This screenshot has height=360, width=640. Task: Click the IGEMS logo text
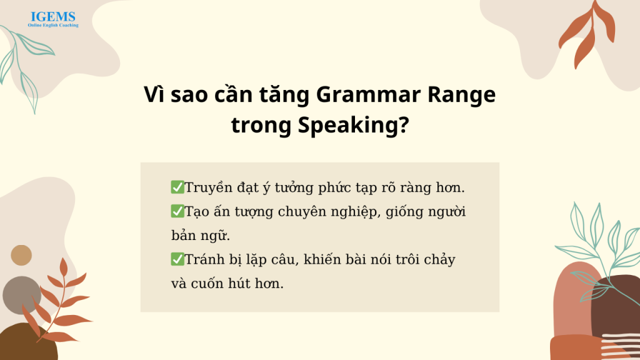pyautogui.click(x=53, y=17)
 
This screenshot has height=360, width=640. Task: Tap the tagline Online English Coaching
pyautogui.click(x=53, y=25)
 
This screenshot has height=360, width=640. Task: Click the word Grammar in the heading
pyautogui.click(x=368, y=95)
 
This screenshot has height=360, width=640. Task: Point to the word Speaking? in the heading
pyautogui.click(x=354, y=125)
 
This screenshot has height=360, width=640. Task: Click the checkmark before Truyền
pyautogui.click(x=177, y=187)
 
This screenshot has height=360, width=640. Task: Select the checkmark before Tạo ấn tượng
pyautogui.click(x=177, y=211)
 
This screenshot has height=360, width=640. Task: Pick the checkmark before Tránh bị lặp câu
pyautogui.click(x=177, y=259)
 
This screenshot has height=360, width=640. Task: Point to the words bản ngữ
pyautogui.click(x=201, y=236)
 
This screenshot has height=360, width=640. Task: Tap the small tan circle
pyautogui.click(x=21, y=255)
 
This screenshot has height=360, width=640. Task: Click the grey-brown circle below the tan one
pyautogui.click(x=22, y=295)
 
